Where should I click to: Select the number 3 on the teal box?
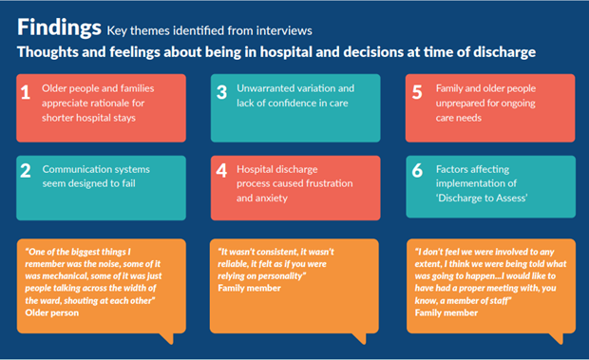(221, 94)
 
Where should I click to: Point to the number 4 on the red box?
(221, 173)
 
